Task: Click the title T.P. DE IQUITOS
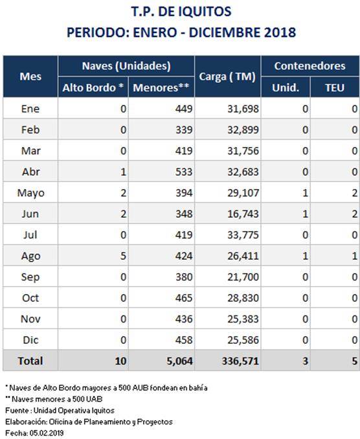click(181, 12)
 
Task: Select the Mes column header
click(30, 76)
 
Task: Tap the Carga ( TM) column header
click(227, 76)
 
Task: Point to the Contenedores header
click(310, 66)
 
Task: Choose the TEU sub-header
click(335, 87)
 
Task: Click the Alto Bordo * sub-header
click(93, 87)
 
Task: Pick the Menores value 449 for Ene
click(184, 109)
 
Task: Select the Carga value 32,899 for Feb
click(243, 130)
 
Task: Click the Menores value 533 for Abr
click(184, 172)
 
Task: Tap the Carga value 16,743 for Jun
click(243, 214)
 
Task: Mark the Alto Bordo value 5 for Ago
click(123, 256)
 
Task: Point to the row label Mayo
click(31, 193)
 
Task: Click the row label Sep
click(30, 277)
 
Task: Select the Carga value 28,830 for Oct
click(243, 298)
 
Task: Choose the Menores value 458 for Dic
click(184, 340)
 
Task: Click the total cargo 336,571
click(240, 361)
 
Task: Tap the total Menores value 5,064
click(180, 361)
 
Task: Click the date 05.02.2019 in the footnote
click(47, 433)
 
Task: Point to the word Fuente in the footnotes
click(17, 411)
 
